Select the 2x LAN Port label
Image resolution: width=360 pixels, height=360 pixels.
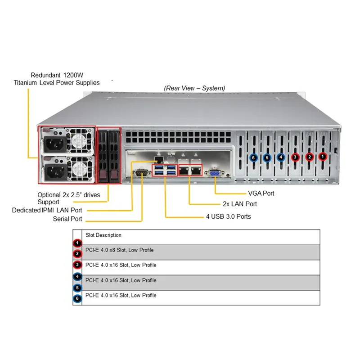click(x=240, y=204)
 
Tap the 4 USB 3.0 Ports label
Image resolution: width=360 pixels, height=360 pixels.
click(x=228, y=216)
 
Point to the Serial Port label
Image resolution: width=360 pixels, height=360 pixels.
click(x=67, y=219)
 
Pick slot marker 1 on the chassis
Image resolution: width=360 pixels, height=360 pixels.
click(x=323, y=157)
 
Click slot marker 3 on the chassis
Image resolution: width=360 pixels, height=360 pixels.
click(x=295, y=157)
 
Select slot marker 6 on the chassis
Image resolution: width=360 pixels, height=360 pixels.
click(x=253, y=157)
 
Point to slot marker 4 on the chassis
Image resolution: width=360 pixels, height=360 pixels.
click(x=281, y=157)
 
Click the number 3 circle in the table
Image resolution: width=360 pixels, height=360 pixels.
click(x=78, y=265)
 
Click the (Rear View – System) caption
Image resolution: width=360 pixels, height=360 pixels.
click(x=194, y=88)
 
